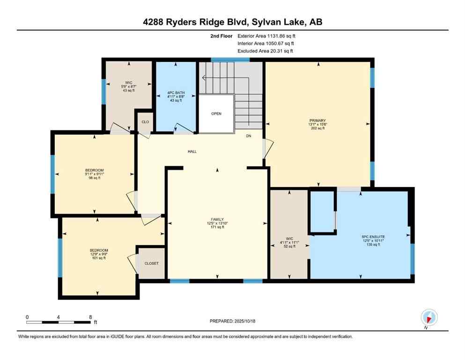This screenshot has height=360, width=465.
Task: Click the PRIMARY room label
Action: point(317,120)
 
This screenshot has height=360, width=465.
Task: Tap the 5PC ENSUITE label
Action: point(373,237)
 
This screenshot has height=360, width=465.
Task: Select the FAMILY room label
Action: point(217,219)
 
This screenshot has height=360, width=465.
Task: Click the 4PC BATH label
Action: point(176,93)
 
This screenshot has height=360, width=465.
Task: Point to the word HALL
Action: point(192,151)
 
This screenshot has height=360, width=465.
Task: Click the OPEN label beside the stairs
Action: point(216,114)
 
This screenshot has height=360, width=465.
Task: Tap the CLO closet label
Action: point(145,122)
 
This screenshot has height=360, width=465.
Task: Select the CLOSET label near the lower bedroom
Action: point(151,263)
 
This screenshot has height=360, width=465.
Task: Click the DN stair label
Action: point(249,137)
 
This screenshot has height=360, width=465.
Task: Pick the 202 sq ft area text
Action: point(317,128)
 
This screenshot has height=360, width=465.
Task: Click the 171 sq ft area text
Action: point(217,227)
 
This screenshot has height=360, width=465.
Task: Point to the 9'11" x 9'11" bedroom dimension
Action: point(94,174)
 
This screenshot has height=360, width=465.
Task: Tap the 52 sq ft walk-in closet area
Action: point(288,246)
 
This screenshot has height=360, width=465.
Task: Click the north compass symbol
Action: point(429,318)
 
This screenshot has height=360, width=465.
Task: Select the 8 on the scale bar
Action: point(90,317)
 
